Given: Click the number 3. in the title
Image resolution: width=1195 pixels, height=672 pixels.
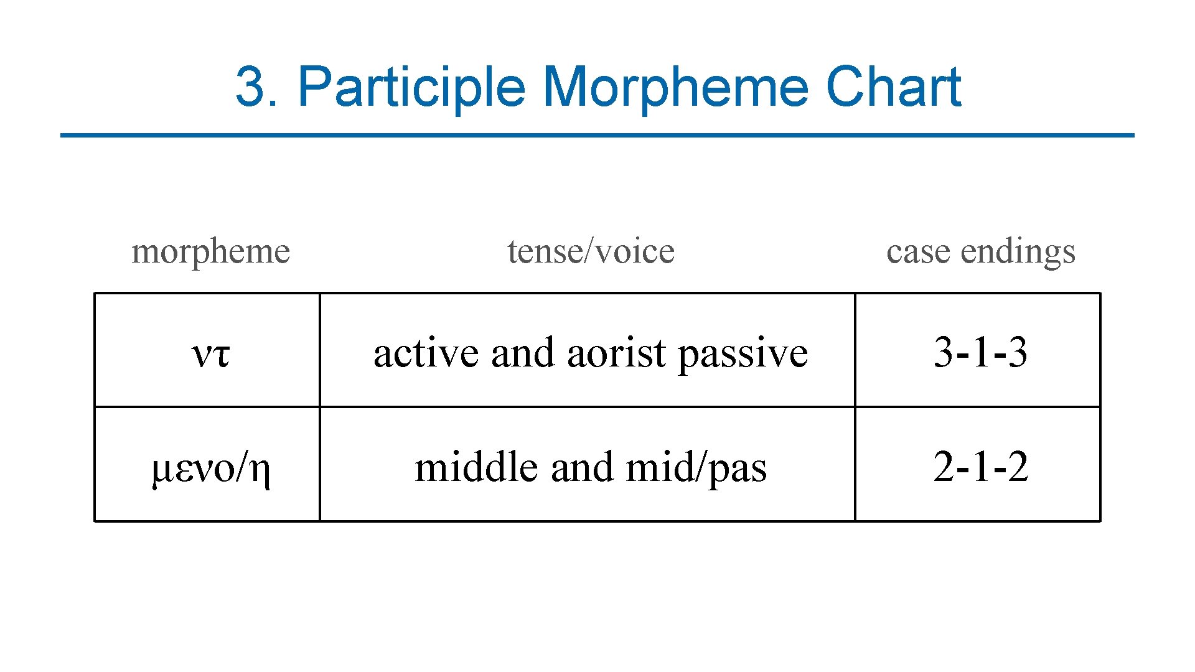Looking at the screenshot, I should point(256,87).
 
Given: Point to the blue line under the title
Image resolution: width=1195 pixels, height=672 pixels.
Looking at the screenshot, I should point(597,135).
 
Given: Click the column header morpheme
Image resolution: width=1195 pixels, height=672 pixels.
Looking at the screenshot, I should point(211,252).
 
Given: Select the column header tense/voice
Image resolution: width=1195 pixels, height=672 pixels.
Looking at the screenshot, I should point(591,252).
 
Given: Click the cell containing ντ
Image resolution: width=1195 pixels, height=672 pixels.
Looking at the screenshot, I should point(210,353).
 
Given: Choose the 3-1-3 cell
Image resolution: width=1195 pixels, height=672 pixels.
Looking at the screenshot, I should point(980,352).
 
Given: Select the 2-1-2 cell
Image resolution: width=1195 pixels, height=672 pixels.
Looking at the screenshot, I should point(980,467).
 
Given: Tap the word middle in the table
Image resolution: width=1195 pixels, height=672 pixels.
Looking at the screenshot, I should point(476,467).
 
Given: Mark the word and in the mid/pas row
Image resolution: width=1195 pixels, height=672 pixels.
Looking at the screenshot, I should point(581,467).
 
